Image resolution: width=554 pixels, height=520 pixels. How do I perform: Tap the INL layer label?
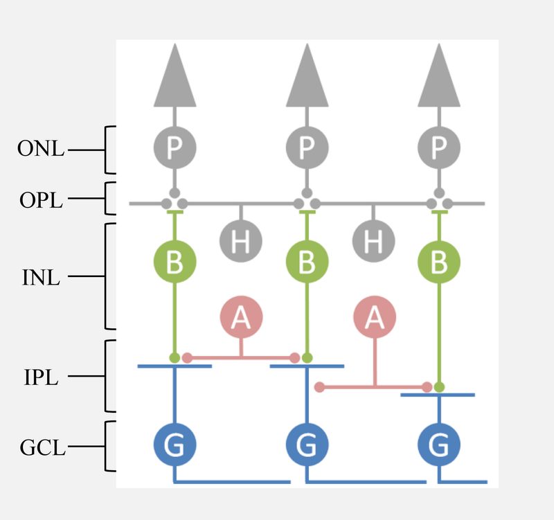41,278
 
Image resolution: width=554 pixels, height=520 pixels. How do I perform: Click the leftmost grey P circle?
175,147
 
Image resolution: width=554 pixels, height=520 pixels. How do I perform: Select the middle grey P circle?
307,147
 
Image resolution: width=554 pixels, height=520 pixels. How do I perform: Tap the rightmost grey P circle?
439,147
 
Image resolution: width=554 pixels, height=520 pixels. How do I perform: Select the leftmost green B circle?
175,263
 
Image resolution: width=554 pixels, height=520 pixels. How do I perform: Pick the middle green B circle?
307,263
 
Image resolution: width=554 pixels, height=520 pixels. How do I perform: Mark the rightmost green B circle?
439,263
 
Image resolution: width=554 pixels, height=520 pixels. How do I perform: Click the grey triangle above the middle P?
307,80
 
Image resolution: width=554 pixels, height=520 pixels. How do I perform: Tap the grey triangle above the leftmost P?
175,80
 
